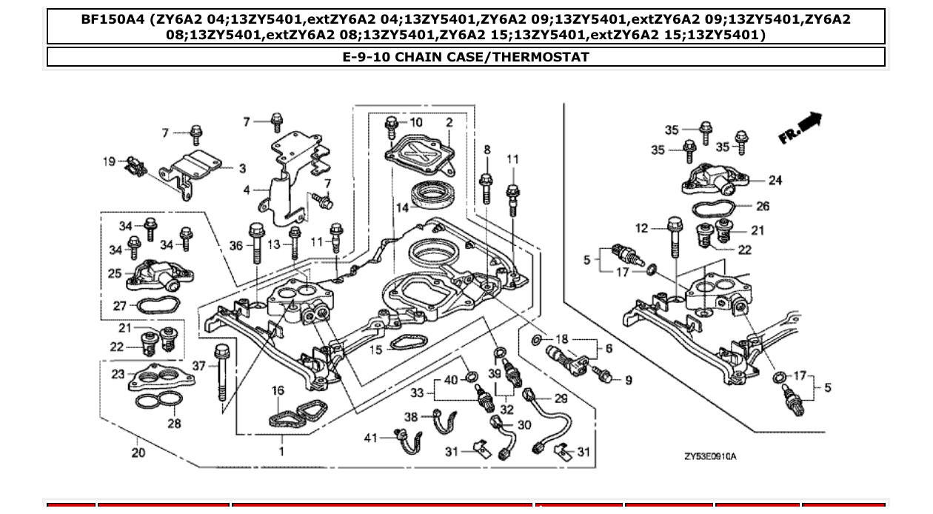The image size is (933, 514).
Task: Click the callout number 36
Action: pyautogui.click(x=236, y=245)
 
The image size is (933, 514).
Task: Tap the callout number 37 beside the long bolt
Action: pyautogui.click(x=198, y=365)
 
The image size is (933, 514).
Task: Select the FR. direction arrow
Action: pyautogui.click(x=800, y=127)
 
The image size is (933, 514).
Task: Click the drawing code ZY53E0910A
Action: pyautogui.click(x=710, y=457)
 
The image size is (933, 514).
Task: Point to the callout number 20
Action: pyautogui.click(x=138, y=453)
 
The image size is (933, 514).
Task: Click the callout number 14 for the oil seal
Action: pyautogui.click(x=401, y=208)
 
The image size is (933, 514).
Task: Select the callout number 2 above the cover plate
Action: pyautogui.click(x=449, y=122)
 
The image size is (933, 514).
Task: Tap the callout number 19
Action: pyautogui.click(x=109, y=161)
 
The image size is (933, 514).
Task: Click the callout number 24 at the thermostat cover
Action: pyautogui.click(x=775, y=180)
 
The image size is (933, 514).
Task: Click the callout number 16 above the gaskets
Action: pyautogui.click(x=278, y=390)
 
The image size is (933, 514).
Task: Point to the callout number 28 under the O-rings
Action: pyautogui.click(x=173, y=424)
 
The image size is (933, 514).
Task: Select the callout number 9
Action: pyautogui.click(x=628, y=380)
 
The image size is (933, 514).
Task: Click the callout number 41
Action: pyautogui.click(x=371, y=438)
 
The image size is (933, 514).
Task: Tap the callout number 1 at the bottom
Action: pyautogui.click(x=281, y=450)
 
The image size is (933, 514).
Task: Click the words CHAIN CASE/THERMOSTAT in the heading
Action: pyautogui.click(x=492, y=57)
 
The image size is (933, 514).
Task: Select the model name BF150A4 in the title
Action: pyautogui.click(x=113, y=20)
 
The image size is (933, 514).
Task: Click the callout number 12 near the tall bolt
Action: pyautogui.click(x=641, y=228)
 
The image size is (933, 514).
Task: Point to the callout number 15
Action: pyautogui.click(x=376, y=350)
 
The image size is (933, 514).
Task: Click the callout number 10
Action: pyautogui.click(x=415, y=122)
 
